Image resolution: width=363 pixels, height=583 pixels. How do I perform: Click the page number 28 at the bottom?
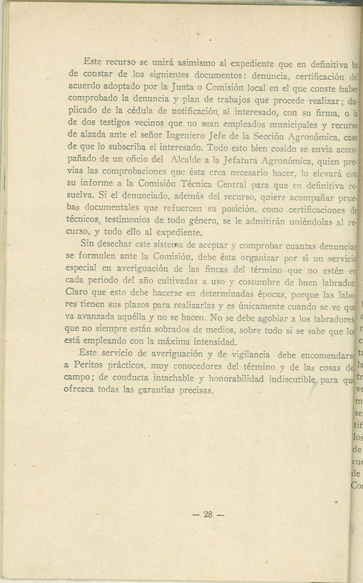click(207, 515)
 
